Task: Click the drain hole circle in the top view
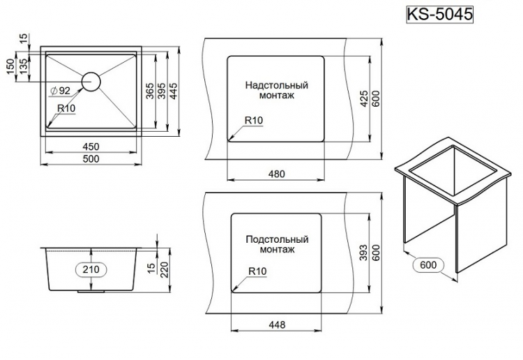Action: [91, 81]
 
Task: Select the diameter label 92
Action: [61, 91]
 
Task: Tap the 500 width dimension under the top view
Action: [91, 159]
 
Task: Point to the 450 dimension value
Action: [91, 147]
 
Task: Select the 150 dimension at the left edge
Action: [10, 67]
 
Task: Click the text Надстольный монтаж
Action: [276, 90]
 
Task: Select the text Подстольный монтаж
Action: [277, 243]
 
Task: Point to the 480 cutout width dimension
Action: [276, 174]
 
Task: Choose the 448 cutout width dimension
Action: [276, 324]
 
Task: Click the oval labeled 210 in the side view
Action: [91, 269]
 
